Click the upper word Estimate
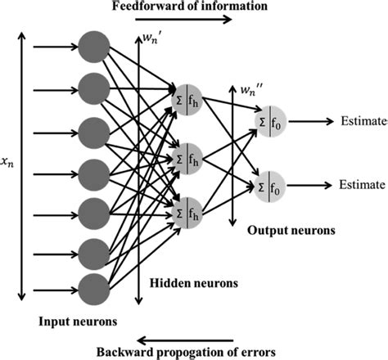362,121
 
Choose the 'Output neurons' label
292,230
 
